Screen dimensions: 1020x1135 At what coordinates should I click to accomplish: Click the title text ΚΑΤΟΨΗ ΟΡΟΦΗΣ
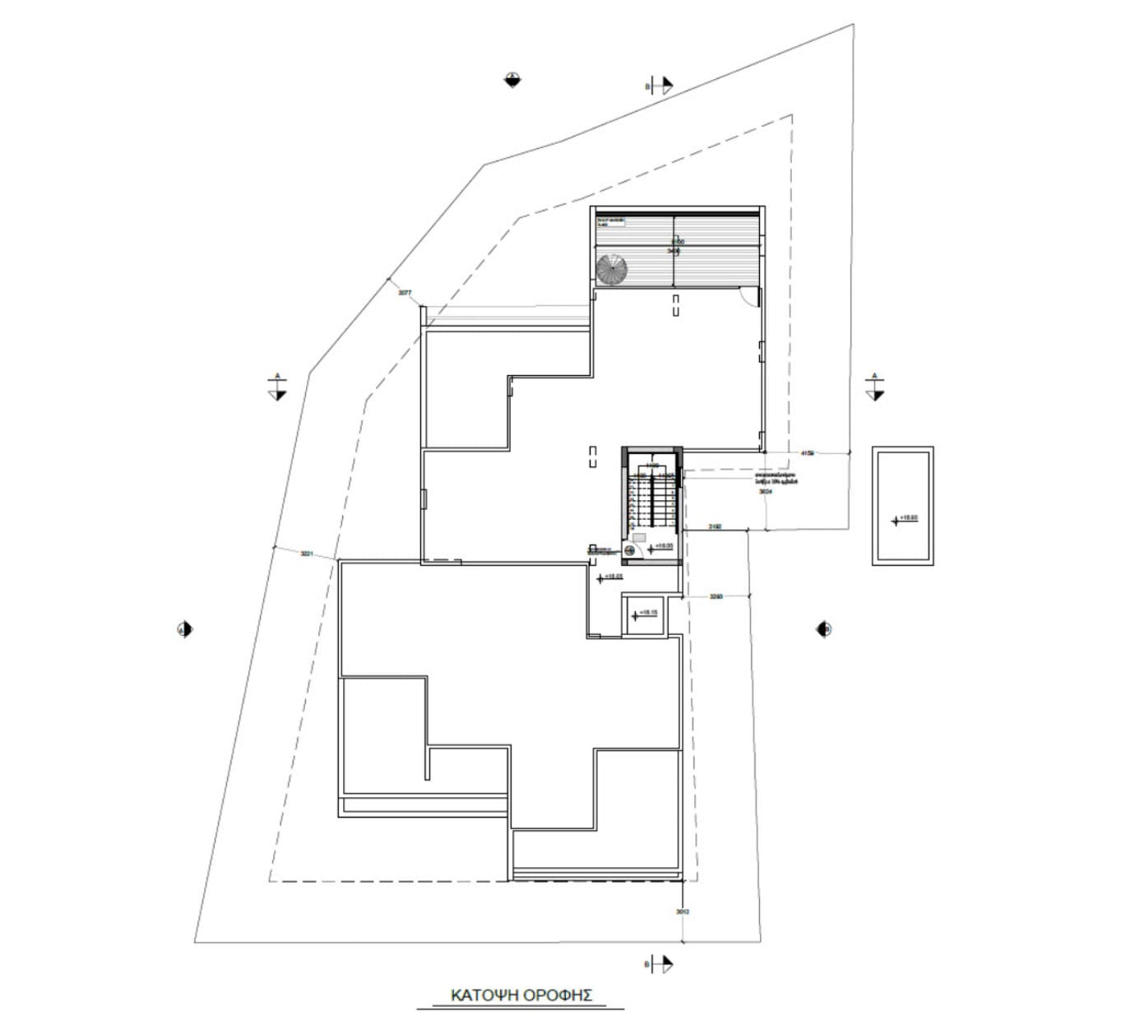522,994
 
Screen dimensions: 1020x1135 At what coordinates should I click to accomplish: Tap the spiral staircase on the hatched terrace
612,269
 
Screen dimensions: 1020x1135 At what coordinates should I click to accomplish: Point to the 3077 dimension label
404,293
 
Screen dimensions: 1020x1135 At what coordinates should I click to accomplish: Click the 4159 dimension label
807,452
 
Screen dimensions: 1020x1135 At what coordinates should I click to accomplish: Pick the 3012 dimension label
682,911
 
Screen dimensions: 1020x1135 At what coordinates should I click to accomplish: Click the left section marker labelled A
277,388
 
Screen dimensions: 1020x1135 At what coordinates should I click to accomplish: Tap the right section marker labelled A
874,388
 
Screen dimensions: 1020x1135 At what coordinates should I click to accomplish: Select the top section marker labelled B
661,85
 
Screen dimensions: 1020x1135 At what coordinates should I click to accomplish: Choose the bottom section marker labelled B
661,963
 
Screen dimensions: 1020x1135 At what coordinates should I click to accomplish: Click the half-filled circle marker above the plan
512,80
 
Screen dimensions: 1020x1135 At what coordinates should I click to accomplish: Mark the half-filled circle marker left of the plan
185,629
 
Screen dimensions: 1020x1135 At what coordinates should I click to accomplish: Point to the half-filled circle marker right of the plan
825,629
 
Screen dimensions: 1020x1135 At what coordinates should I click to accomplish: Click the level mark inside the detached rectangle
903,519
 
